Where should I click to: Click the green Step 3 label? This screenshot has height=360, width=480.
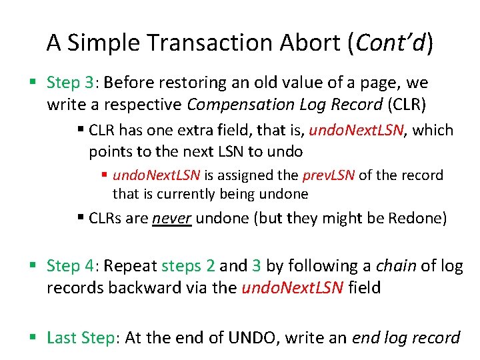(72, 83)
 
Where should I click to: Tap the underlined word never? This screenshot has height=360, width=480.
(172, 219)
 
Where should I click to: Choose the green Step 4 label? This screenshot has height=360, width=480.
(72, 266)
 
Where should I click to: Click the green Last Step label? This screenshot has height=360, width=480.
(81, 338)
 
